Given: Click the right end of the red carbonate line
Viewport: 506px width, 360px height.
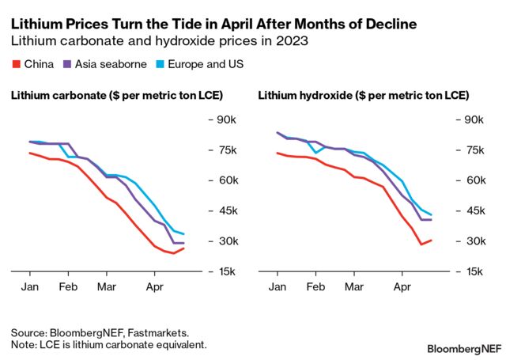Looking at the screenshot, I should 183,248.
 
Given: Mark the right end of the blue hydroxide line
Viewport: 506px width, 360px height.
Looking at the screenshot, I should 431,214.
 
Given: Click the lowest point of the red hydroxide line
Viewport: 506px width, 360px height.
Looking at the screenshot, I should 421,244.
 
